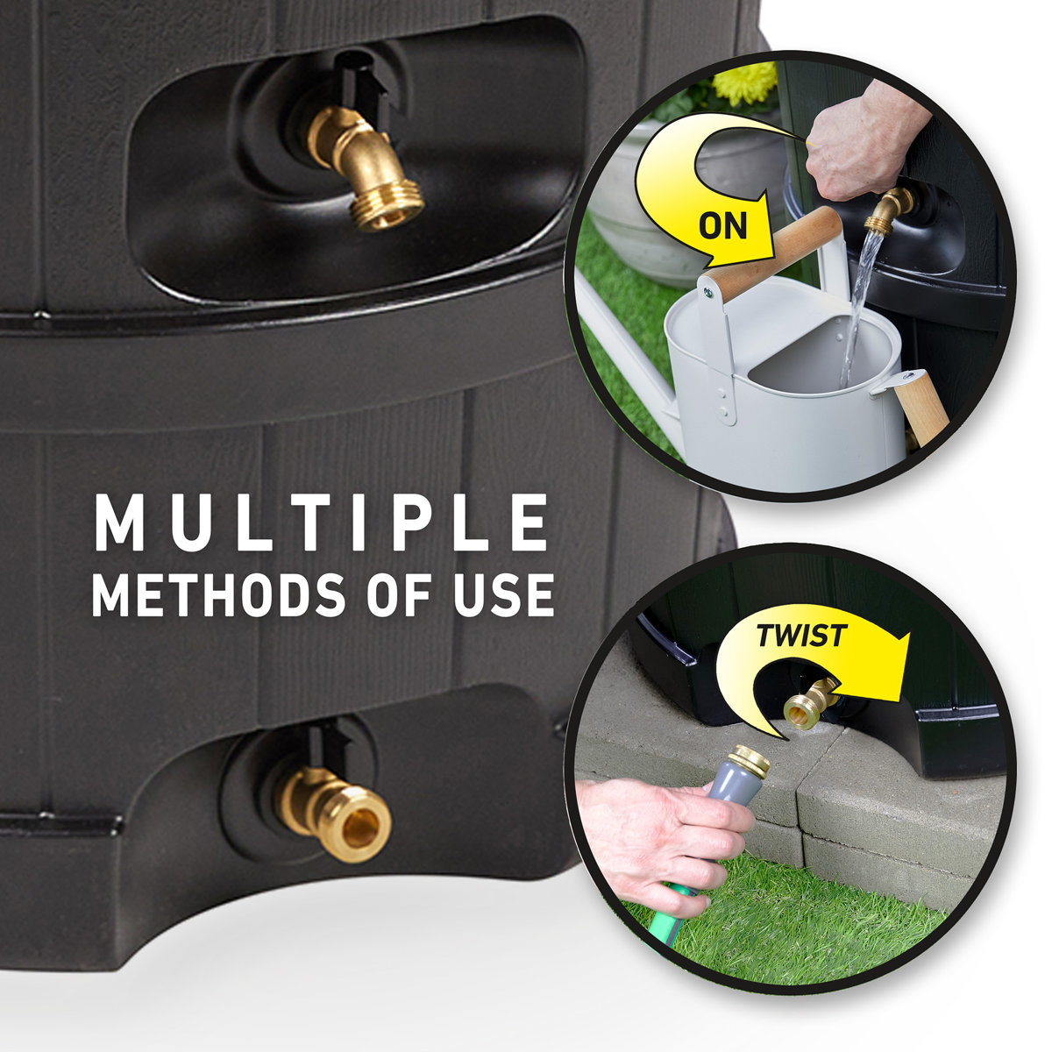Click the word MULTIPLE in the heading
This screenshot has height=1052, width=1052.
coord(322,524)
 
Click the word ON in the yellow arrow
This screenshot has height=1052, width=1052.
coord(723,225)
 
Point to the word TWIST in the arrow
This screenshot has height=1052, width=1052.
coord(800,636)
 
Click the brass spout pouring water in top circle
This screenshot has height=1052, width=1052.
coord(887,209)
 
